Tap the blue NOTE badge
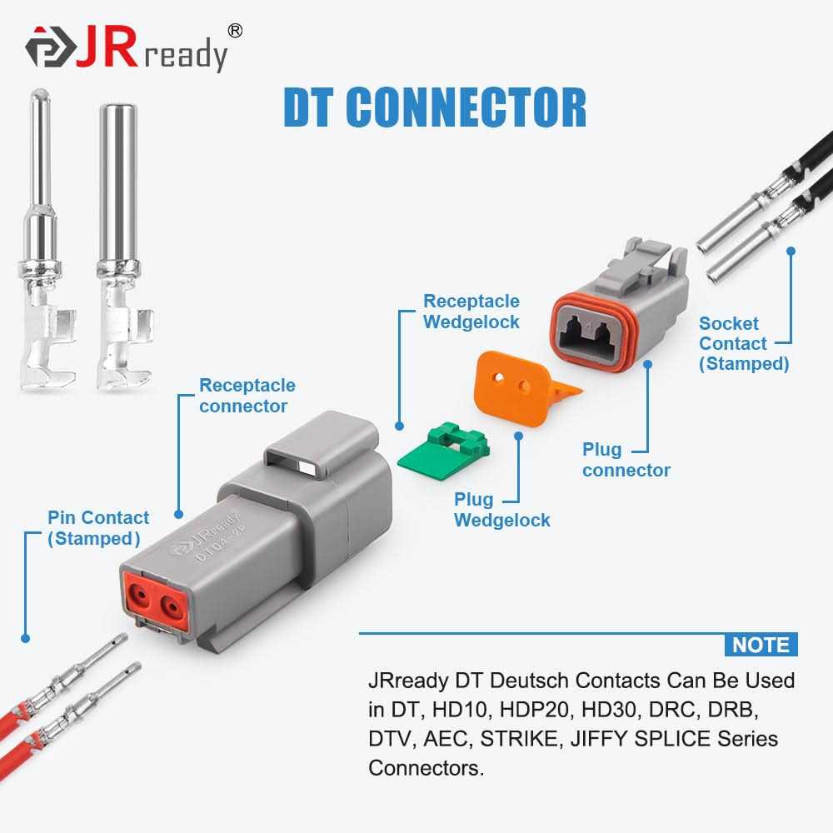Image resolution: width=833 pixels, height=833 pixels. [760, 645]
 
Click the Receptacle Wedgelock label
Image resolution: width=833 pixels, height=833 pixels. [471, 312]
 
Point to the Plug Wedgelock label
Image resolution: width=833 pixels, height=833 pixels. [501, 510]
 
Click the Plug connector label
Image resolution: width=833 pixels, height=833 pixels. [626, 460]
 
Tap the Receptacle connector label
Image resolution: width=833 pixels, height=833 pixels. [247, 396]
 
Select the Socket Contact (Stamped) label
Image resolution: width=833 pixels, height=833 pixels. [743, 343]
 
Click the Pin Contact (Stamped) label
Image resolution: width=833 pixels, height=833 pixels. [98, 528]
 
